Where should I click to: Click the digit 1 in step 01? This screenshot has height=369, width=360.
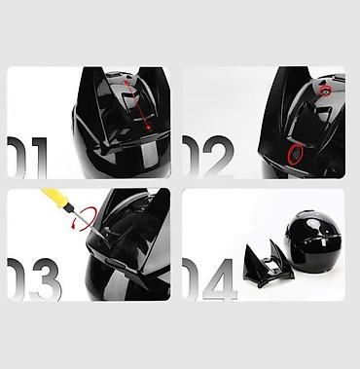coord(39,158)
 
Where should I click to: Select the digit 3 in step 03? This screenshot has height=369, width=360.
coord(46,279)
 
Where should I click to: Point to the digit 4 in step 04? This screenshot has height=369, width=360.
coord(220,279)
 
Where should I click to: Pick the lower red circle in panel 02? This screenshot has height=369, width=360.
coord(296,155)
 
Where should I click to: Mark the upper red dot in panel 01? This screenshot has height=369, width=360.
coord(126,83)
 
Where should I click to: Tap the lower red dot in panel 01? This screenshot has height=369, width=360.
coord(148,127)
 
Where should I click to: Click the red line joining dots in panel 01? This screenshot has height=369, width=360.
coord(137,104)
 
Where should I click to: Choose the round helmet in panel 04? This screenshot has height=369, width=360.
coord(313,242)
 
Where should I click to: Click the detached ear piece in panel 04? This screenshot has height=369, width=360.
coord(269,265)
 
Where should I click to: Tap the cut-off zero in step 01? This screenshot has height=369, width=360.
coord(16,158)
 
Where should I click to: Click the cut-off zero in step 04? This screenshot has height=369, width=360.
coord(191,279)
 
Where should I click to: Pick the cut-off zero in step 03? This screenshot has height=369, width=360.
coord(16,279)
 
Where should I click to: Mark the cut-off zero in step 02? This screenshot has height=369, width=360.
coord(191,157)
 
